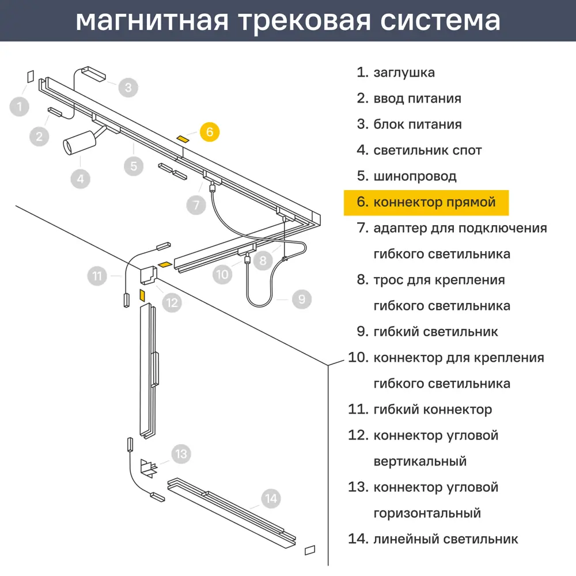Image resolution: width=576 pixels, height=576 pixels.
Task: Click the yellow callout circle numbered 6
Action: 210,132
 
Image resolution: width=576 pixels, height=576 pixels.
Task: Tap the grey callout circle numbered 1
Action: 20,107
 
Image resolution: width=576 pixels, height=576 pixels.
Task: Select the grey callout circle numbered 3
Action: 128,88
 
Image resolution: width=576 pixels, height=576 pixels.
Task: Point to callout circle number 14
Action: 271,498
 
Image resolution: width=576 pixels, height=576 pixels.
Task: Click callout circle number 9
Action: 302,299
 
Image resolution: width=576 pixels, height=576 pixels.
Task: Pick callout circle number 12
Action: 172,302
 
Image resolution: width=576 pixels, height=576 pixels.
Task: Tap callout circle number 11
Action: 97,276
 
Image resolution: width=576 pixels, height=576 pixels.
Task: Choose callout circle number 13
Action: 181,454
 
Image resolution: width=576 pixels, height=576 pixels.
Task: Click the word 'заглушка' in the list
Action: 404,73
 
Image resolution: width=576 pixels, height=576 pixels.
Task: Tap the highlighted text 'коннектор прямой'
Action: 434,202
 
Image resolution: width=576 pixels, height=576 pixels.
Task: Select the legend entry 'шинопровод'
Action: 415,176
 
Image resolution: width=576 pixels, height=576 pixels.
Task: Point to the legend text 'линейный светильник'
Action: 446,539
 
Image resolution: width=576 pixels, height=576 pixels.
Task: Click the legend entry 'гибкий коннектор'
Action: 433,410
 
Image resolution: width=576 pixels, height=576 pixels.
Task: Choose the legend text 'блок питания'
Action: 418,124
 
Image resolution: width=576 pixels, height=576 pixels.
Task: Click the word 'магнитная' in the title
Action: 151,21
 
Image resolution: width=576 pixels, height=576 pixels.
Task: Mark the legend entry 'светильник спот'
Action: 427,150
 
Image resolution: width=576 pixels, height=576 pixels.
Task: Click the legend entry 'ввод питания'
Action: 417,98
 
